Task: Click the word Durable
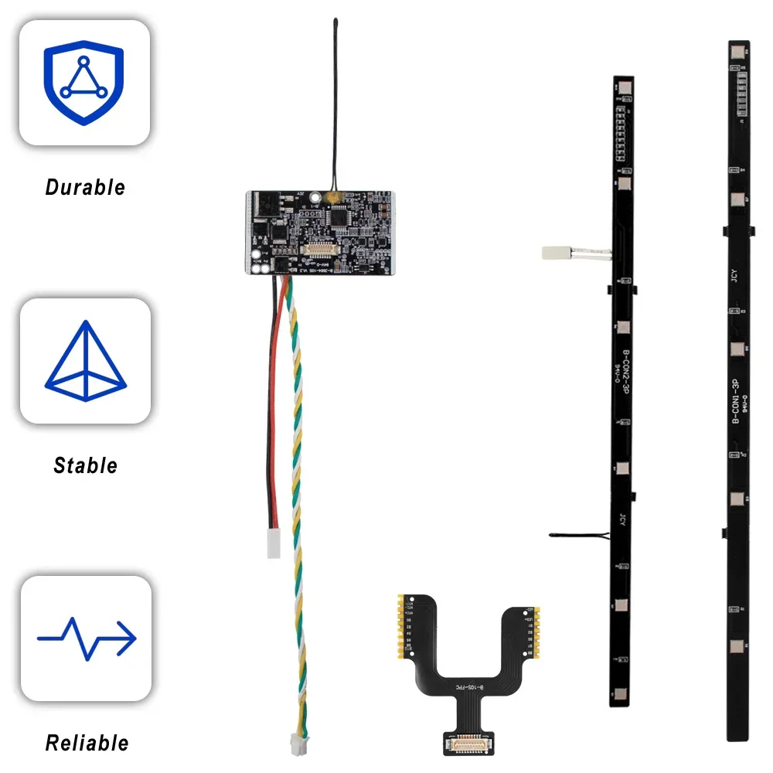(x=85, y=187)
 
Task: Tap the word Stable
(x=85, y=465)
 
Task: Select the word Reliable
(x=87, y=744)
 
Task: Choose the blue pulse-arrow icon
(x=87, y=638)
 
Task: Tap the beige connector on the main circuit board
(x=325, y=250)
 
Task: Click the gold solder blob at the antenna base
(x=332, y=199)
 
